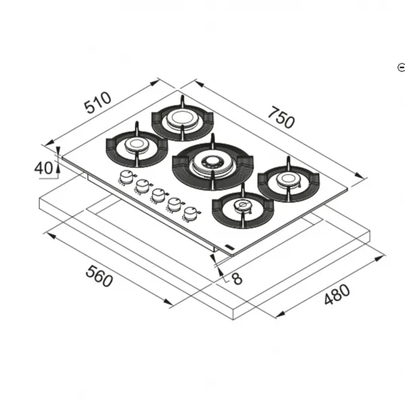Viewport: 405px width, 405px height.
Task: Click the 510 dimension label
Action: click(x=99, y=102)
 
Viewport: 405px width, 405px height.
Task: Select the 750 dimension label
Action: click(x=281, y=117)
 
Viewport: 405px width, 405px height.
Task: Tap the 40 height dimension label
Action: click(x=43, y=167)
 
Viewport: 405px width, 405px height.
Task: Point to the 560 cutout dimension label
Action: click(x=99, y=277)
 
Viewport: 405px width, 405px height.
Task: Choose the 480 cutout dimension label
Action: click(x=337, y=294)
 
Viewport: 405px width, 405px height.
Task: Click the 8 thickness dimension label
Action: click(x=237, y=279)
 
